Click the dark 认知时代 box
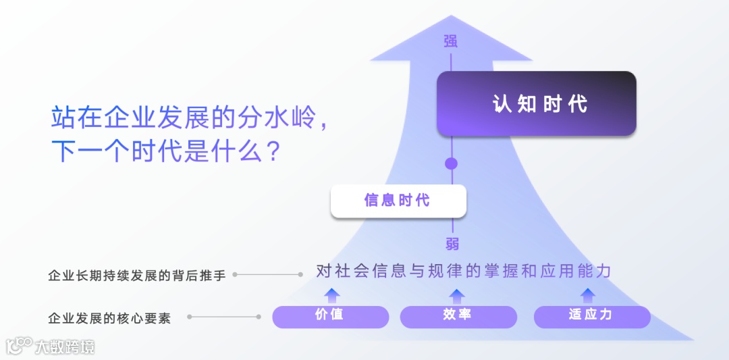(536, 104)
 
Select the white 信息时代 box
(398, 201)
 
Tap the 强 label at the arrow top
(450, 41)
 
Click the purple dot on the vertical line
(451, 163)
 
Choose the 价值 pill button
(330, 316)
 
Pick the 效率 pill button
(458, 316)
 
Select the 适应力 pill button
(591, 316)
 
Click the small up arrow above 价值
(331, 294)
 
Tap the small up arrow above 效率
(457, 294)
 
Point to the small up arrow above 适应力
(588, 294)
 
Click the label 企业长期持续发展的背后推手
(137, 276)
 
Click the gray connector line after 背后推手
(267, 274)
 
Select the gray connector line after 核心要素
(224, 316)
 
